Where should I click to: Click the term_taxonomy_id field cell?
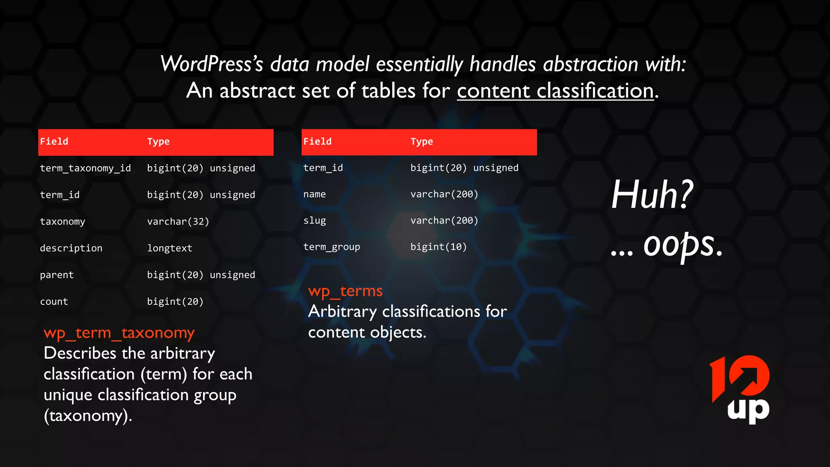click(x=85, y=168)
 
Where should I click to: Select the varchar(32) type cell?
click(x=178, y=222)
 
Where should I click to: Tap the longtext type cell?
click(x=169, y=248)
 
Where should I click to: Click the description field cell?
click(x=71, y=248)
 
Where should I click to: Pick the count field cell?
click(x=54, y=302)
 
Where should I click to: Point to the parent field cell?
click(x=57, y=275)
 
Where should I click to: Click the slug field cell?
click(x=314, y=221)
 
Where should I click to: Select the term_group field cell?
click(x=332, y=247)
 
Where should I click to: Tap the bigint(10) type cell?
click(x=439, y=247)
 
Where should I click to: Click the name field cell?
click(x=314, y=194)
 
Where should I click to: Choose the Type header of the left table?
click(x=158, y=142)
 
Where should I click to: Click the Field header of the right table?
click(x=317, y=141)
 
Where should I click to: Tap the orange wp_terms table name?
click(x=345, y=291)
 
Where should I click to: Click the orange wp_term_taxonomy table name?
click(x=119, y=333)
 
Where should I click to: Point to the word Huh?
click(x=652, y=195)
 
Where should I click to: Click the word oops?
click(x=682, y=245)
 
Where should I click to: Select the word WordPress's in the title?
click(x=212, y=64)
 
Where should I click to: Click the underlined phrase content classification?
click(x=555, y=90)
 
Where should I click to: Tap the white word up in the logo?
click(x=748, y=410)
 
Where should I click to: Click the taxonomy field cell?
click(x=62, y=222)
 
